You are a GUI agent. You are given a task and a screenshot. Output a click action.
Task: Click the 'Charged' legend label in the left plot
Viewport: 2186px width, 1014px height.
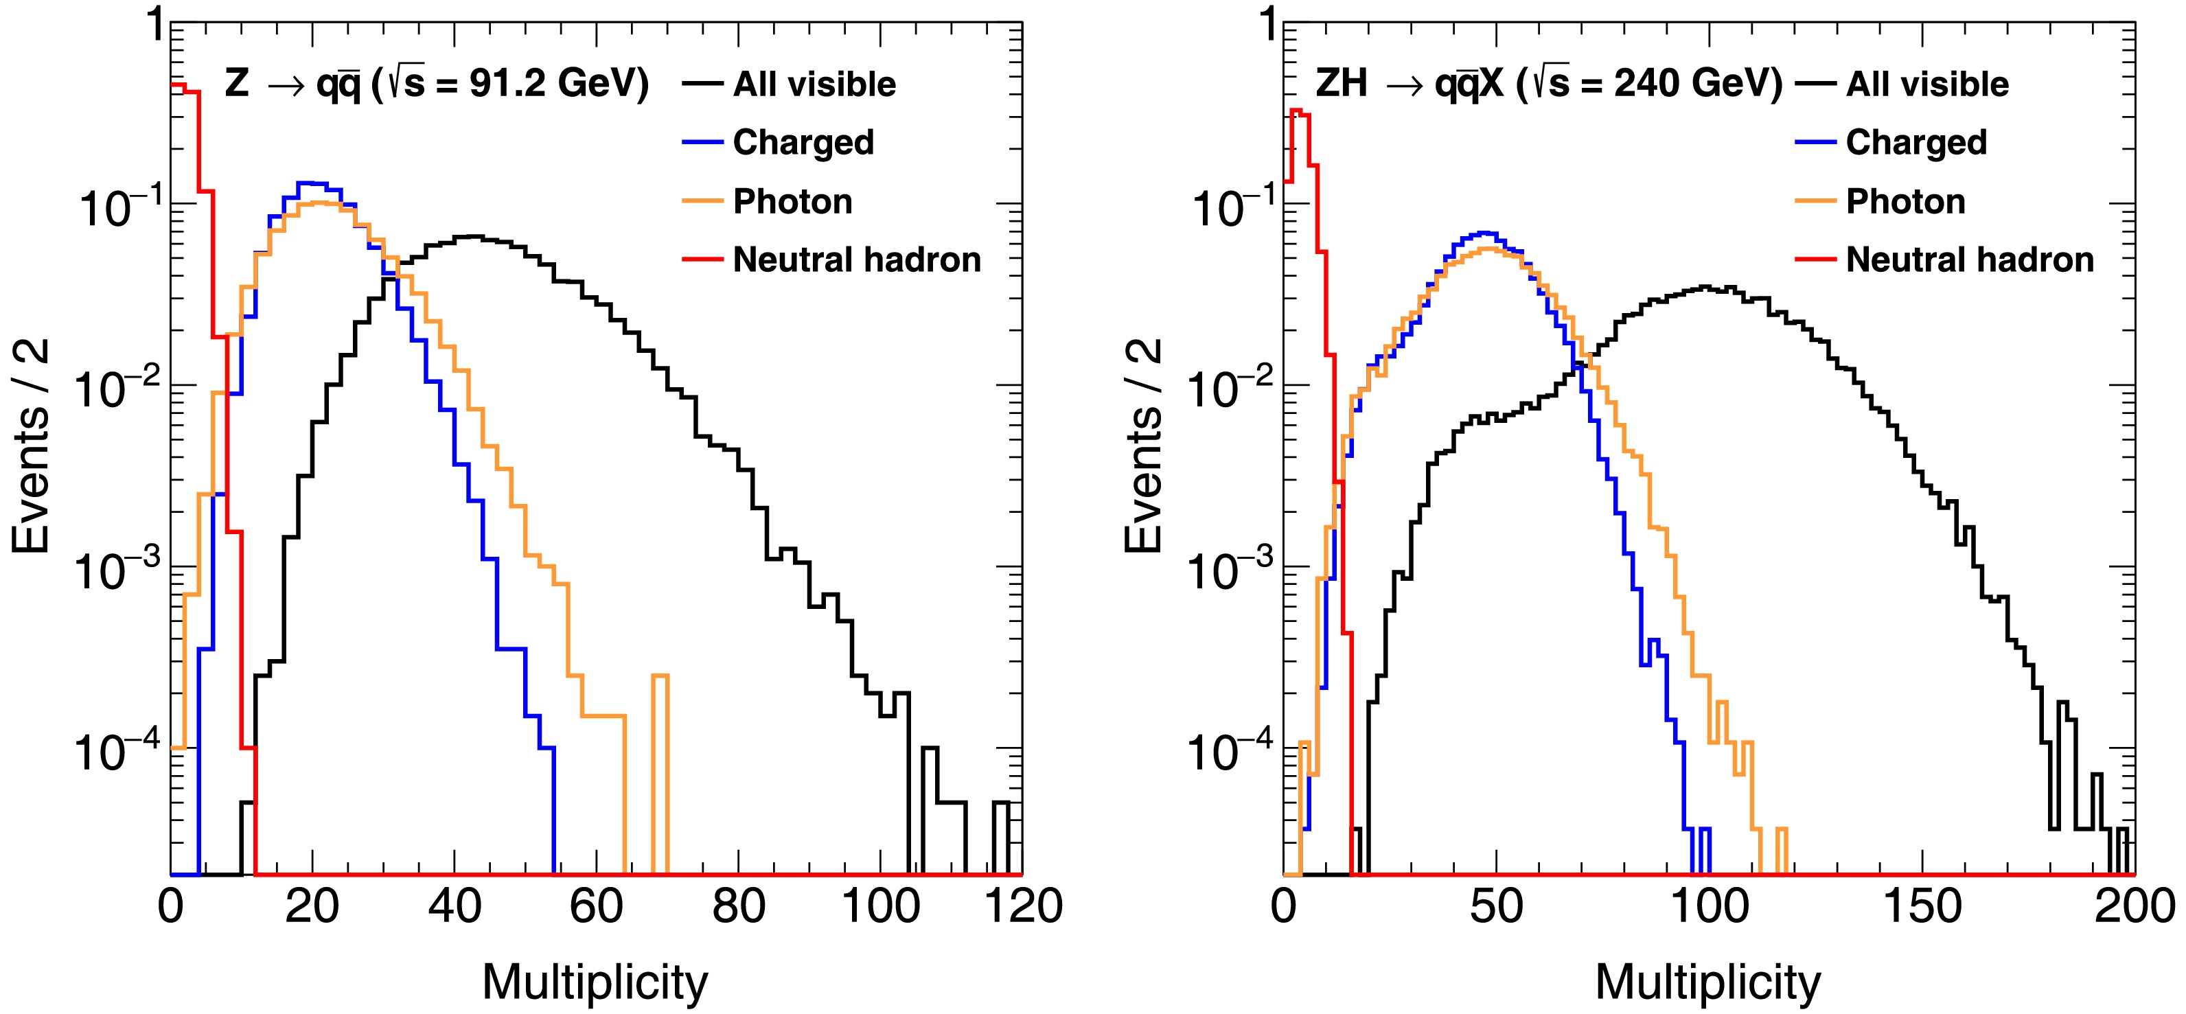(x=803, y=143)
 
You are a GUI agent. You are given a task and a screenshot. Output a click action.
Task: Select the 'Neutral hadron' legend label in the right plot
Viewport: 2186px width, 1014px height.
(x=1970, y=260)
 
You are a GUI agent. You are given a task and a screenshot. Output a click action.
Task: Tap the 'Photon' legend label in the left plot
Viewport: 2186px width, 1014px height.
(x=792, y=202)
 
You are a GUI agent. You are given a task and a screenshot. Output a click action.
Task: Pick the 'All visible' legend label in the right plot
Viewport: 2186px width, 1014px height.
(x=1927, y=85)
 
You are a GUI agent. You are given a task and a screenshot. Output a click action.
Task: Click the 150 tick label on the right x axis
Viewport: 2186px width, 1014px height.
(x=1922, y=906)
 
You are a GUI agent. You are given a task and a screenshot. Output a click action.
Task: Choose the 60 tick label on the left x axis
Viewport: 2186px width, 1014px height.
(x=597, y=906)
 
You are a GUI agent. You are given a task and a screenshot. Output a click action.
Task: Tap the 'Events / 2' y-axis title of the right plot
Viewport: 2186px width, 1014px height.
(x=1144, y=446)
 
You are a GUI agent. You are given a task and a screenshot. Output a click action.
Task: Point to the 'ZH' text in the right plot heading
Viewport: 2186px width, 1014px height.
(x=1342, y=83)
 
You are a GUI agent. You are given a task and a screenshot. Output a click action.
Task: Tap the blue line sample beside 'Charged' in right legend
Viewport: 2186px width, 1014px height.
(x=1816, y=143)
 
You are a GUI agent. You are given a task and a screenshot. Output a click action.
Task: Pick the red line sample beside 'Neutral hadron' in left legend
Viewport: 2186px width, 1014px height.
(x=702, y=260)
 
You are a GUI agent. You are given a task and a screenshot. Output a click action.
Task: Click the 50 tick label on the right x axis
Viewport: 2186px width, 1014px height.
(x=1496, y=906)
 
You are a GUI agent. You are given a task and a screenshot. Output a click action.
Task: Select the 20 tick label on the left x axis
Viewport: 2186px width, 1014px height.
(x=312, y=906)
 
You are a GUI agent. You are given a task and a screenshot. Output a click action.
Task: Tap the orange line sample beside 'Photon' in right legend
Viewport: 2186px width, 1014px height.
(x=1816, y=202)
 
